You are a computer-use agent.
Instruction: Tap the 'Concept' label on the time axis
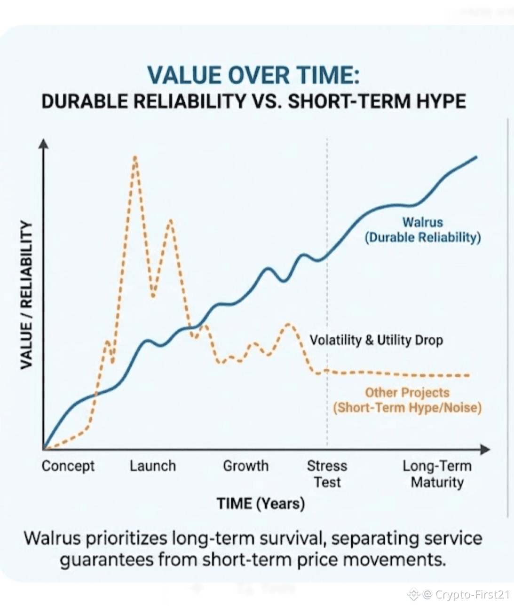(68, 466)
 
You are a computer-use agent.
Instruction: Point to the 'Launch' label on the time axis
(153, 466)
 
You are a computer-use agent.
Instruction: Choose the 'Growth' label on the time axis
(245, 466)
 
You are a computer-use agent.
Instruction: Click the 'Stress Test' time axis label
(327, 474)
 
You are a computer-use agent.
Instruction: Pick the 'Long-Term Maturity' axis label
(437, 474)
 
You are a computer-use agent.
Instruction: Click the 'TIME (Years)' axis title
(261, 504)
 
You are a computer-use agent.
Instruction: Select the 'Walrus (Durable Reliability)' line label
(423, 229)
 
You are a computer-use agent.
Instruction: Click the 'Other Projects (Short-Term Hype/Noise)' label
(407, 400)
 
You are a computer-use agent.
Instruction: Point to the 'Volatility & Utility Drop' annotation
(376, 340)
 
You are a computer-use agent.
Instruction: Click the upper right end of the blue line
(476, 157)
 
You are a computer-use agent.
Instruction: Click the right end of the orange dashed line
(468, 375)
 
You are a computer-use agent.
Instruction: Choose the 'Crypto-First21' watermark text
(472, 595)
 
